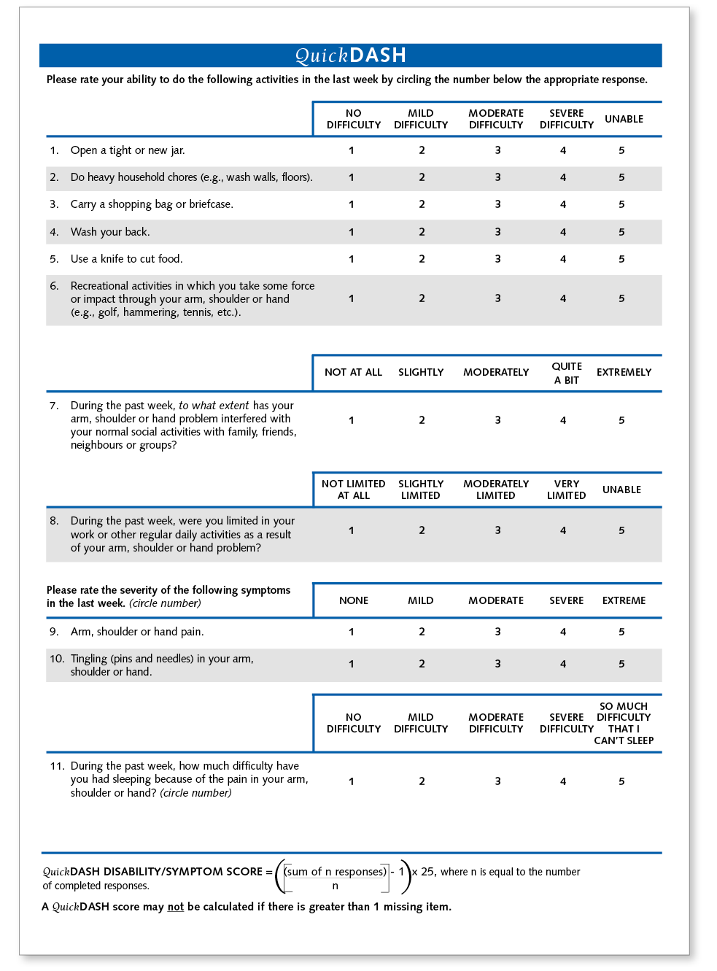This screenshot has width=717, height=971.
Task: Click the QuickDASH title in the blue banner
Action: [350, 55]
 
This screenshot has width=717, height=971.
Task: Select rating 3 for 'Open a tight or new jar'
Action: [497, 150]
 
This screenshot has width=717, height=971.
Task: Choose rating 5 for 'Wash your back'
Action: [621, 232]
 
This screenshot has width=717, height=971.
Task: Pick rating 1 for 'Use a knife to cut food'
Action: [351, 259]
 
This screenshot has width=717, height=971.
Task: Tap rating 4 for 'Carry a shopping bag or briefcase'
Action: [562, 204]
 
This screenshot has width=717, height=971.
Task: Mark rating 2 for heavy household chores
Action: [422, 177]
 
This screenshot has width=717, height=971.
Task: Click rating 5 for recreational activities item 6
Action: [621, 298]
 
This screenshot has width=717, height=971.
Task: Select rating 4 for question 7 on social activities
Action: [562, 420]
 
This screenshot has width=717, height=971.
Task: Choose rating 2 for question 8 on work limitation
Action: [422, 530]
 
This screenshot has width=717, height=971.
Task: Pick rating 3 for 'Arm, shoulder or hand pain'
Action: [497, 632]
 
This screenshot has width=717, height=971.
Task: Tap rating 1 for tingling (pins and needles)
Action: [351, 664]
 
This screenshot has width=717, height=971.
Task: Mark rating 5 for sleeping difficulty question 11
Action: [621, 781]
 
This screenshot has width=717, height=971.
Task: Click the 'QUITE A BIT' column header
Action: [567, 373]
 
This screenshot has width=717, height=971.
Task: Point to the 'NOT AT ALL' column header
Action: [353, 372]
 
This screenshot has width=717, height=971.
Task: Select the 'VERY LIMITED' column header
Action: [567, 490]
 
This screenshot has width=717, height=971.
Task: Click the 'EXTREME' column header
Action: [624, 600]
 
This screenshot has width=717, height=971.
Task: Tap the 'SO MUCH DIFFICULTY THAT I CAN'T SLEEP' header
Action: [624, 723]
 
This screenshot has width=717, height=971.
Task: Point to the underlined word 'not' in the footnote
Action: [175, 907]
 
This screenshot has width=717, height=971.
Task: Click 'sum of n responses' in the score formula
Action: [336, 872]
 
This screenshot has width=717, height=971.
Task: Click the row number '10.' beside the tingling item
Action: [57, 659]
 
